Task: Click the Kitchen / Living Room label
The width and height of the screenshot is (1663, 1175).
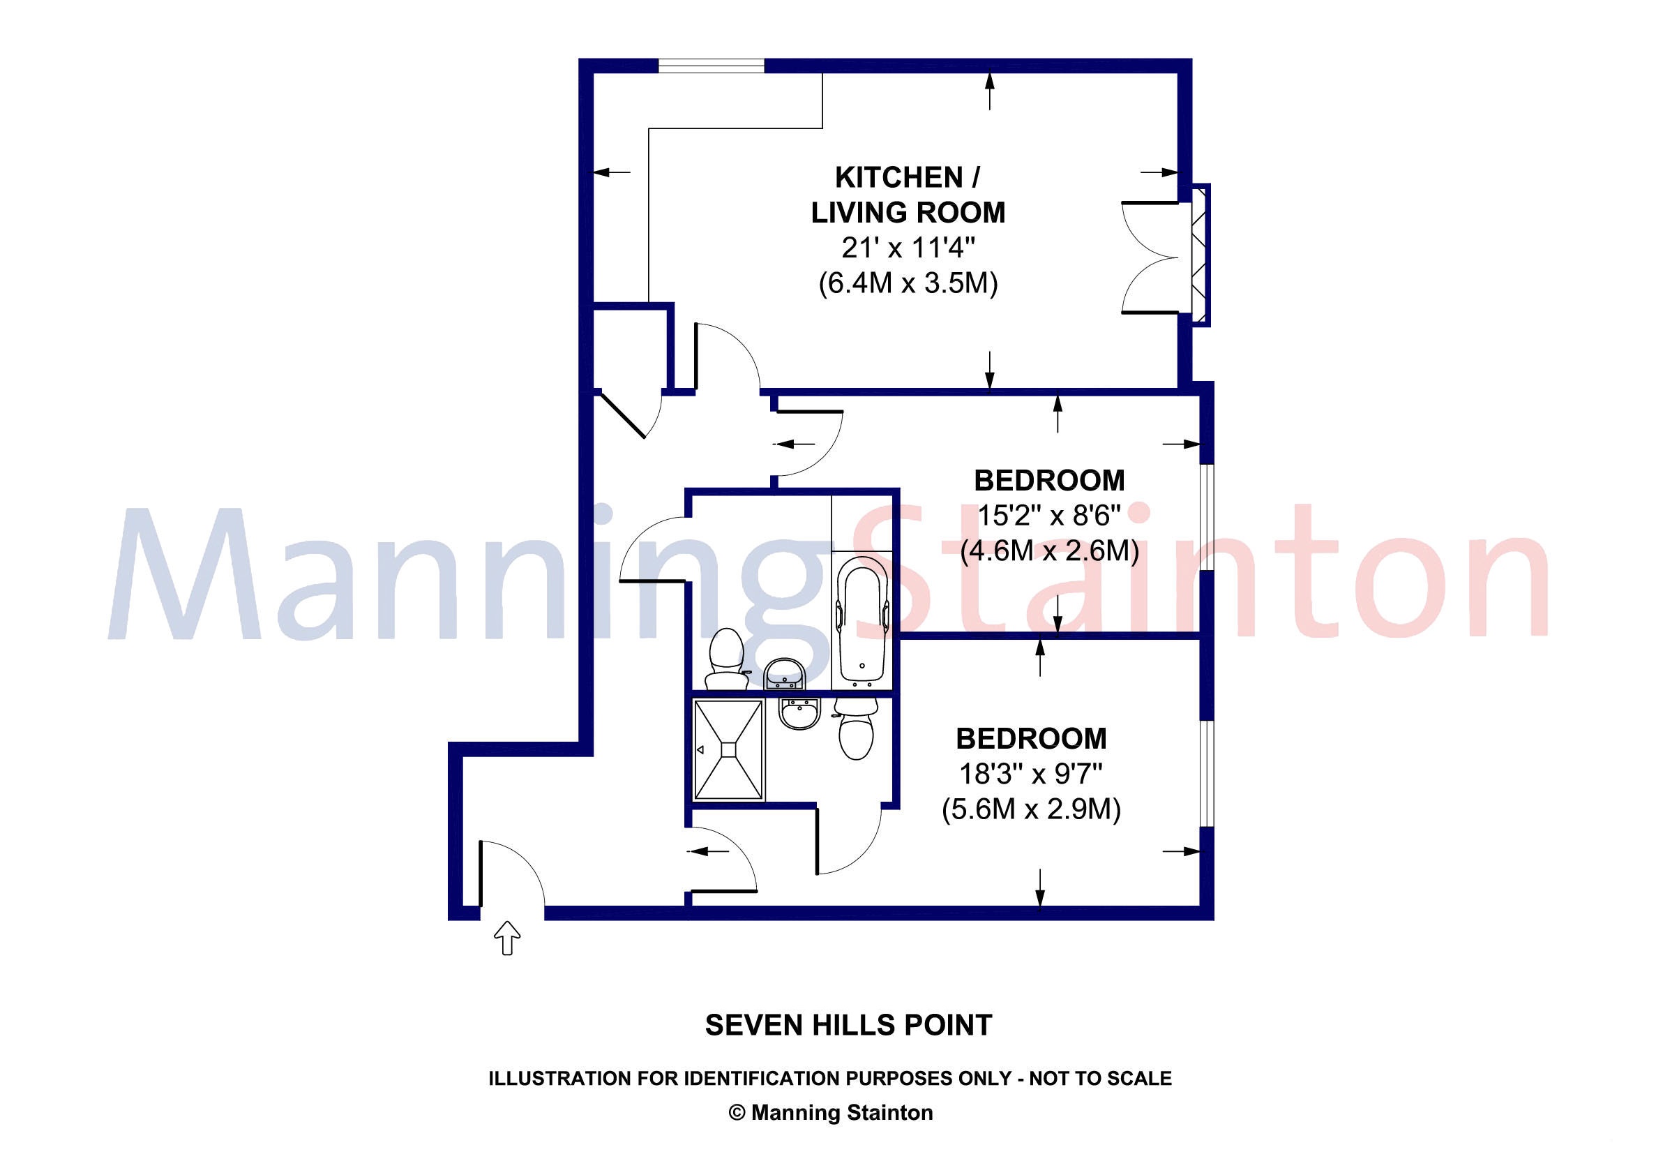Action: (908, 195)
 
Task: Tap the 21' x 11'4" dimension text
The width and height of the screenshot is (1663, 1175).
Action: (908, 248)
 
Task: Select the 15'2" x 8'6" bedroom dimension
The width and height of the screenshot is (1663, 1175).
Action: (1050, 516)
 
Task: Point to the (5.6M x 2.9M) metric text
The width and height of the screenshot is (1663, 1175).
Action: (1032, 809)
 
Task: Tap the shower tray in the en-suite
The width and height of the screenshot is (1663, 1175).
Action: (729, 750)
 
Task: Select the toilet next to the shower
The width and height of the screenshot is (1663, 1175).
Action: (856, 728)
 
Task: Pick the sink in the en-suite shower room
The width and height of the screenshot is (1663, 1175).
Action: (799, 713)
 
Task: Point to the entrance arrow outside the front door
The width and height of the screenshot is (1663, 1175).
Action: (507, 937)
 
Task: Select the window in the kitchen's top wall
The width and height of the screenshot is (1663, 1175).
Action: (712, 66)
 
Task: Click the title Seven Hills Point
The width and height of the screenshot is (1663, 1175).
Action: (848, 1025)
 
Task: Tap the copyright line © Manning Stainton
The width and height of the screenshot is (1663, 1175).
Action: (831, 1112)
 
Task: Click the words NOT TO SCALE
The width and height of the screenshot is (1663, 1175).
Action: (1100, 1079)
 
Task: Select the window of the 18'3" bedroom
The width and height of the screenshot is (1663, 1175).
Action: (1207, 773)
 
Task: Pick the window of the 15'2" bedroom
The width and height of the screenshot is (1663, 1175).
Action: (1207, 516)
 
